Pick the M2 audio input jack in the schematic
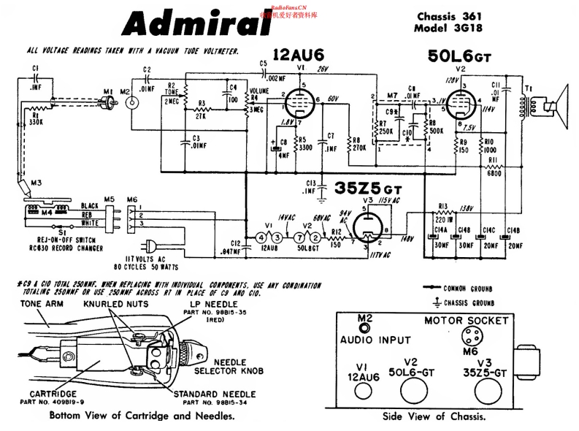[132, 103]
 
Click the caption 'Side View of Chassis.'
[433, 416]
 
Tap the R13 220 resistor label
[442, 211]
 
